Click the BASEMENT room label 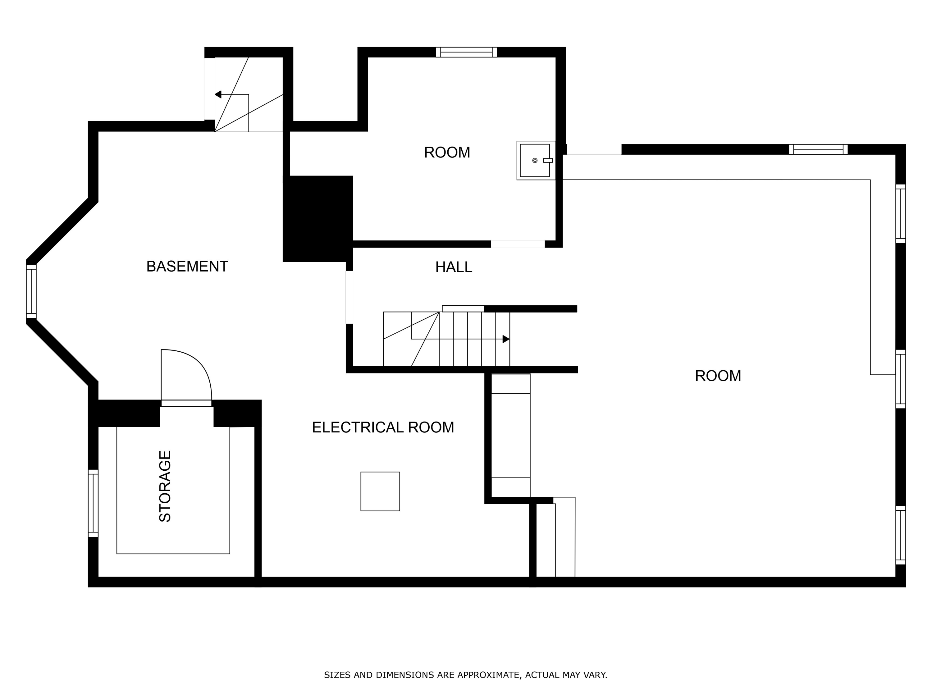(x=187, y=266)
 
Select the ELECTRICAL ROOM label (x=383, y=427)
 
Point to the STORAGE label (x=165, y=486)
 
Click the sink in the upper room (x=536, y=161)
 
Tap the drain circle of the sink (x=535, y=161)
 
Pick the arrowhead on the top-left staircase (x=218, y=94)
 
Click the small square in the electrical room (x=380, y=491)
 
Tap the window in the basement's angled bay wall (x=31, y=291)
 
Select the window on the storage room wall (x=93, y=503)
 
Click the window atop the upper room (x=466, y=52)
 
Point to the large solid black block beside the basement (x=318, y=219)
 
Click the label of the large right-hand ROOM (x=718, y=376)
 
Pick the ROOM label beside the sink (x=447, y=153)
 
